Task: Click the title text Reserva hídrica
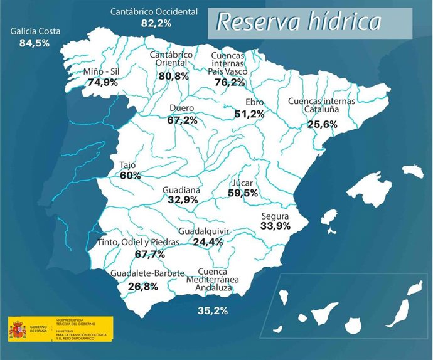[x=299, y=22]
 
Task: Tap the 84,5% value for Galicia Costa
[x=35, y=43]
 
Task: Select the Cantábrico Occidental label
[x=154, y=12]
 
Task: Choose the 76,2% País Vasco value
[x=229, y=82]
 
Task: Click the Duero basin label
[x=182, y=108]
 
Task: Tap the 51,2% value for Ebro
[x=249, y=114]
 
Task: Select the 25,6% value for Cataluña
[x=323, y=124]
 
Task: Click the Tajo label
[x=128, y=166]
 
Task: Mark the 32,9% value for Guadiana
[x=183, y=200]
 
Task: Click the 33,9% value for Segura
[x=275, y=226]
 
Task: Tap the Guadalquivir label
[x=204, y=231]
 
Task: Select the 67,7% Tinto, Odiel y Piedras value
[x=150, y=254]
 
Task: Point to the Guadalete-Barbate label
[x=147, y=273]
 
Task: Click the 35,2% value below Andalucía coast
[x=212, y=310]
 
